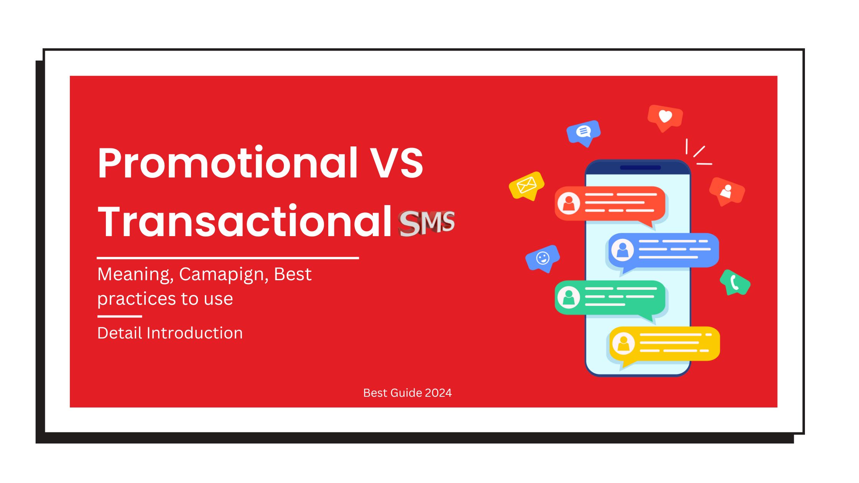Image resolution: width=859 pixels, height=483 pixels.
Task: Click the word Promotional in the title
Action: coord(228,163)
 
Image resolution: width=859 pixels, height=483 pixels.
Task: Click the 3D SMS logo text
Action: coord(426,223)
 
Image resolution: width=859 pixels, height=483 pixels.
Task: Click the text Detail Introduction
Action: coord(170,333)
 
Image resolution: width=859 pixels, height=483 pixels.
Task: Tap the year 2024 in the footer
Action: coord(438,393)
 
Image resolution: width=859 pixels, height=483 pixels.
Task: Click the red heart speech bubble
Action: coord(665,117)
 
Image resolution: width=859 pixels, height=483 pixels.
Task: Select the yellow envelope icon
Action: coord(527,186)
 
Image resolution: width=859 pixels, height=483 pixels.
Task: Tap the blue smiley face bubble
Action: coord(542,258)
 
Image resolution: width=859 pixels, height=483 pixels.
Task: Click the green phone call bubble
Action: coord(735,283)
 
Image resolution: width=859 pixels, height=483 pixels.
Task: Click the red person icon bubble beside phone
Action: coord(726,191)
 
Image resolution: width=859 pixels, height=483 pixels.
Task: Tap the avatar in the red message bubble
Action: coord(569,203)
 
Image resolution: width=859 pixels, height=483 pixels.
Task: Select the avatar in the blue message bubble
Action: coord(622,250)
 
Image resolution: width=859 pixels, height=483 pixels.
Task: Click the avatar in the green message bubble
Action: coord(568,297)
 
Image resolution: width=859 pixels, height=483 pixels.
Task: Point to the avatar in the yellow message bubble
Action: coord(624,343)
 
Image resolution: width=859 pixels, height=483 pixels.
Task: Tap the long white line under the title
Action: coord(228,258)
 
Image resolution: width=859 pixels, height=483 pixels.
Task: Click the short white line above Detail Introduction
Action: coord(120,316)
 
